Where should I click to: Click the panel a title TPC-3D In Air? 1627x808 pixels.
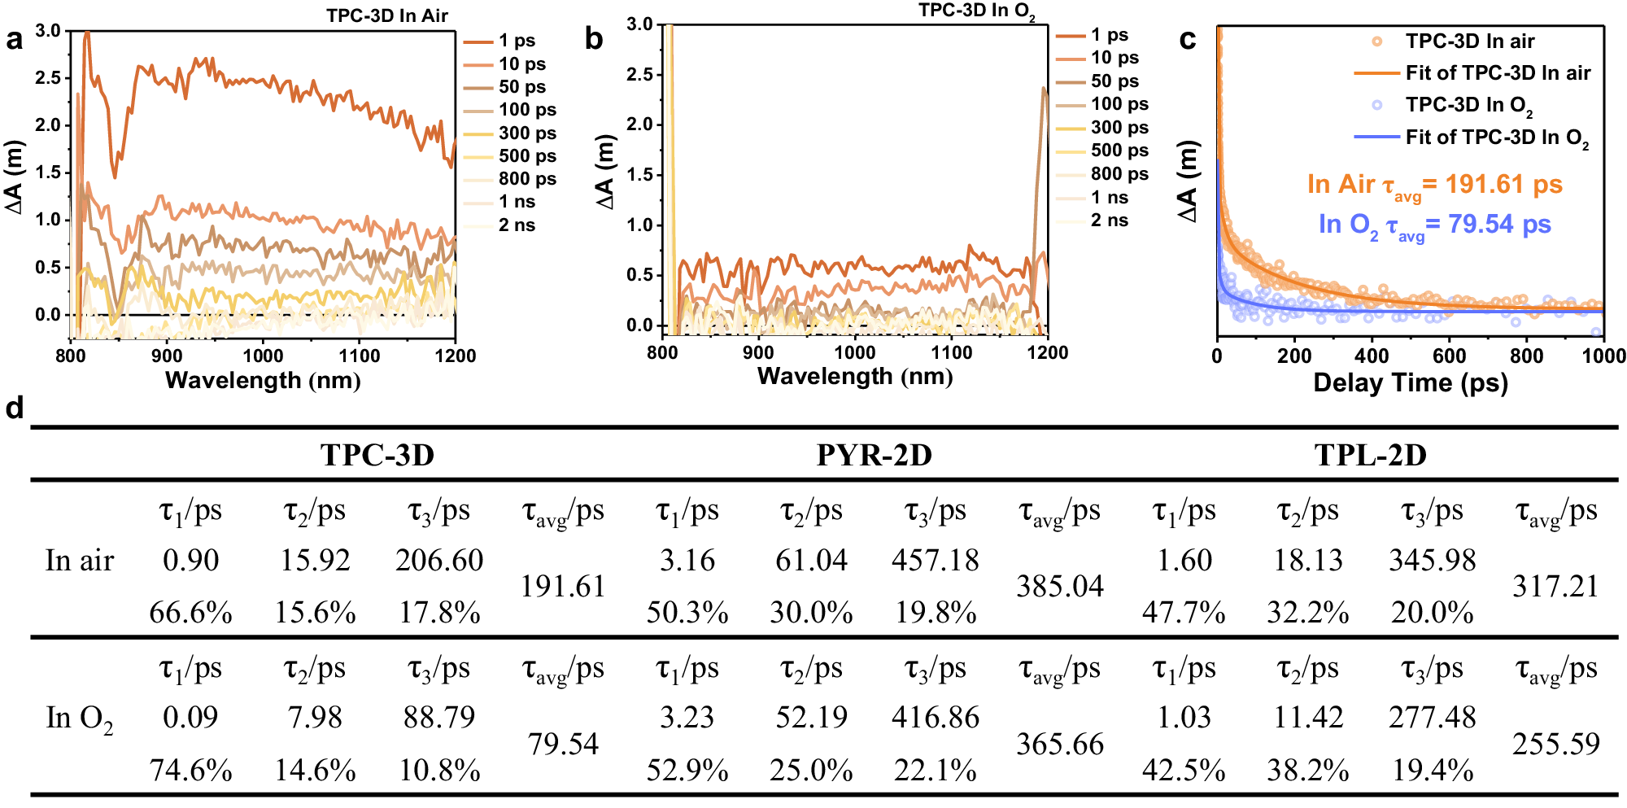coord(387,15)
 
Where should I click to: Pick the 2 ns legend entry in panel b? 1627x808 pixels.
coord(1108,221)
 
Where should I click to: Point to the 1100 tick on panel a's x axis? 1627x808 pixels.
coord(359,356)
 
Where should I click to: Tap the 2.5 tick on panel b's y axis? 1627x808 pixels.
coord(642,75)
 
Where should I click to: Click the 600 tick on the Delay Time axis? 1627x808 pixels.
coord(1449,356)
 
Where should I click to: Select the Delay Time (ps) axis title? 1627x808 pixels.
coord(1411,382)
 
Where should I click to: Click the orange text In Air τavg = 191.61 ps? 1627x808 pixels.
coord(1434,185)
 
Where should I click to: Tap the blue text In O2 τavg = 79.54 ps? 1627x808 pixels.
coord(1434,225)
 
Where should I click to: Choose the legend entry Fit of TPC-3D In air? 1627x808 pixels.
coord(1497,73)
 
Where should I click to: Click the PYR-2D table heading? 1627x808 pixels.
coord(874,455)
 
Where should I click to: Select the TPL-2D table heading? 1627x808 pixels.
coord(1370,455)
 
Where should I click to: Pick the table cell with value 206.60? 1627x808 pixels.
coord(439,560)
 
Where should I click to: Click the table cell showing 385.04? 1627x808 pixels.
coord(1059,586)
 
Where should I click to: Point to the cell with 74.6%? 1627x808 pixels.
coord(190,770)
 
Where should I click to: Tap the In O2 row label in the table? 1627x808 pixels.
coord(79,718)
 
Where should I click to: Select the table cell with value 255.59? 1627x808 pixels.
coord(1555,744)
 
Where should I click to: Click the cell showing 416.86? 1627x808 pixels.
coord(935,718)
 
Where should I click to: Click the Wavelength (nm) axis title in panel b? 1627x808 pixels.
coord(854,376)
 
